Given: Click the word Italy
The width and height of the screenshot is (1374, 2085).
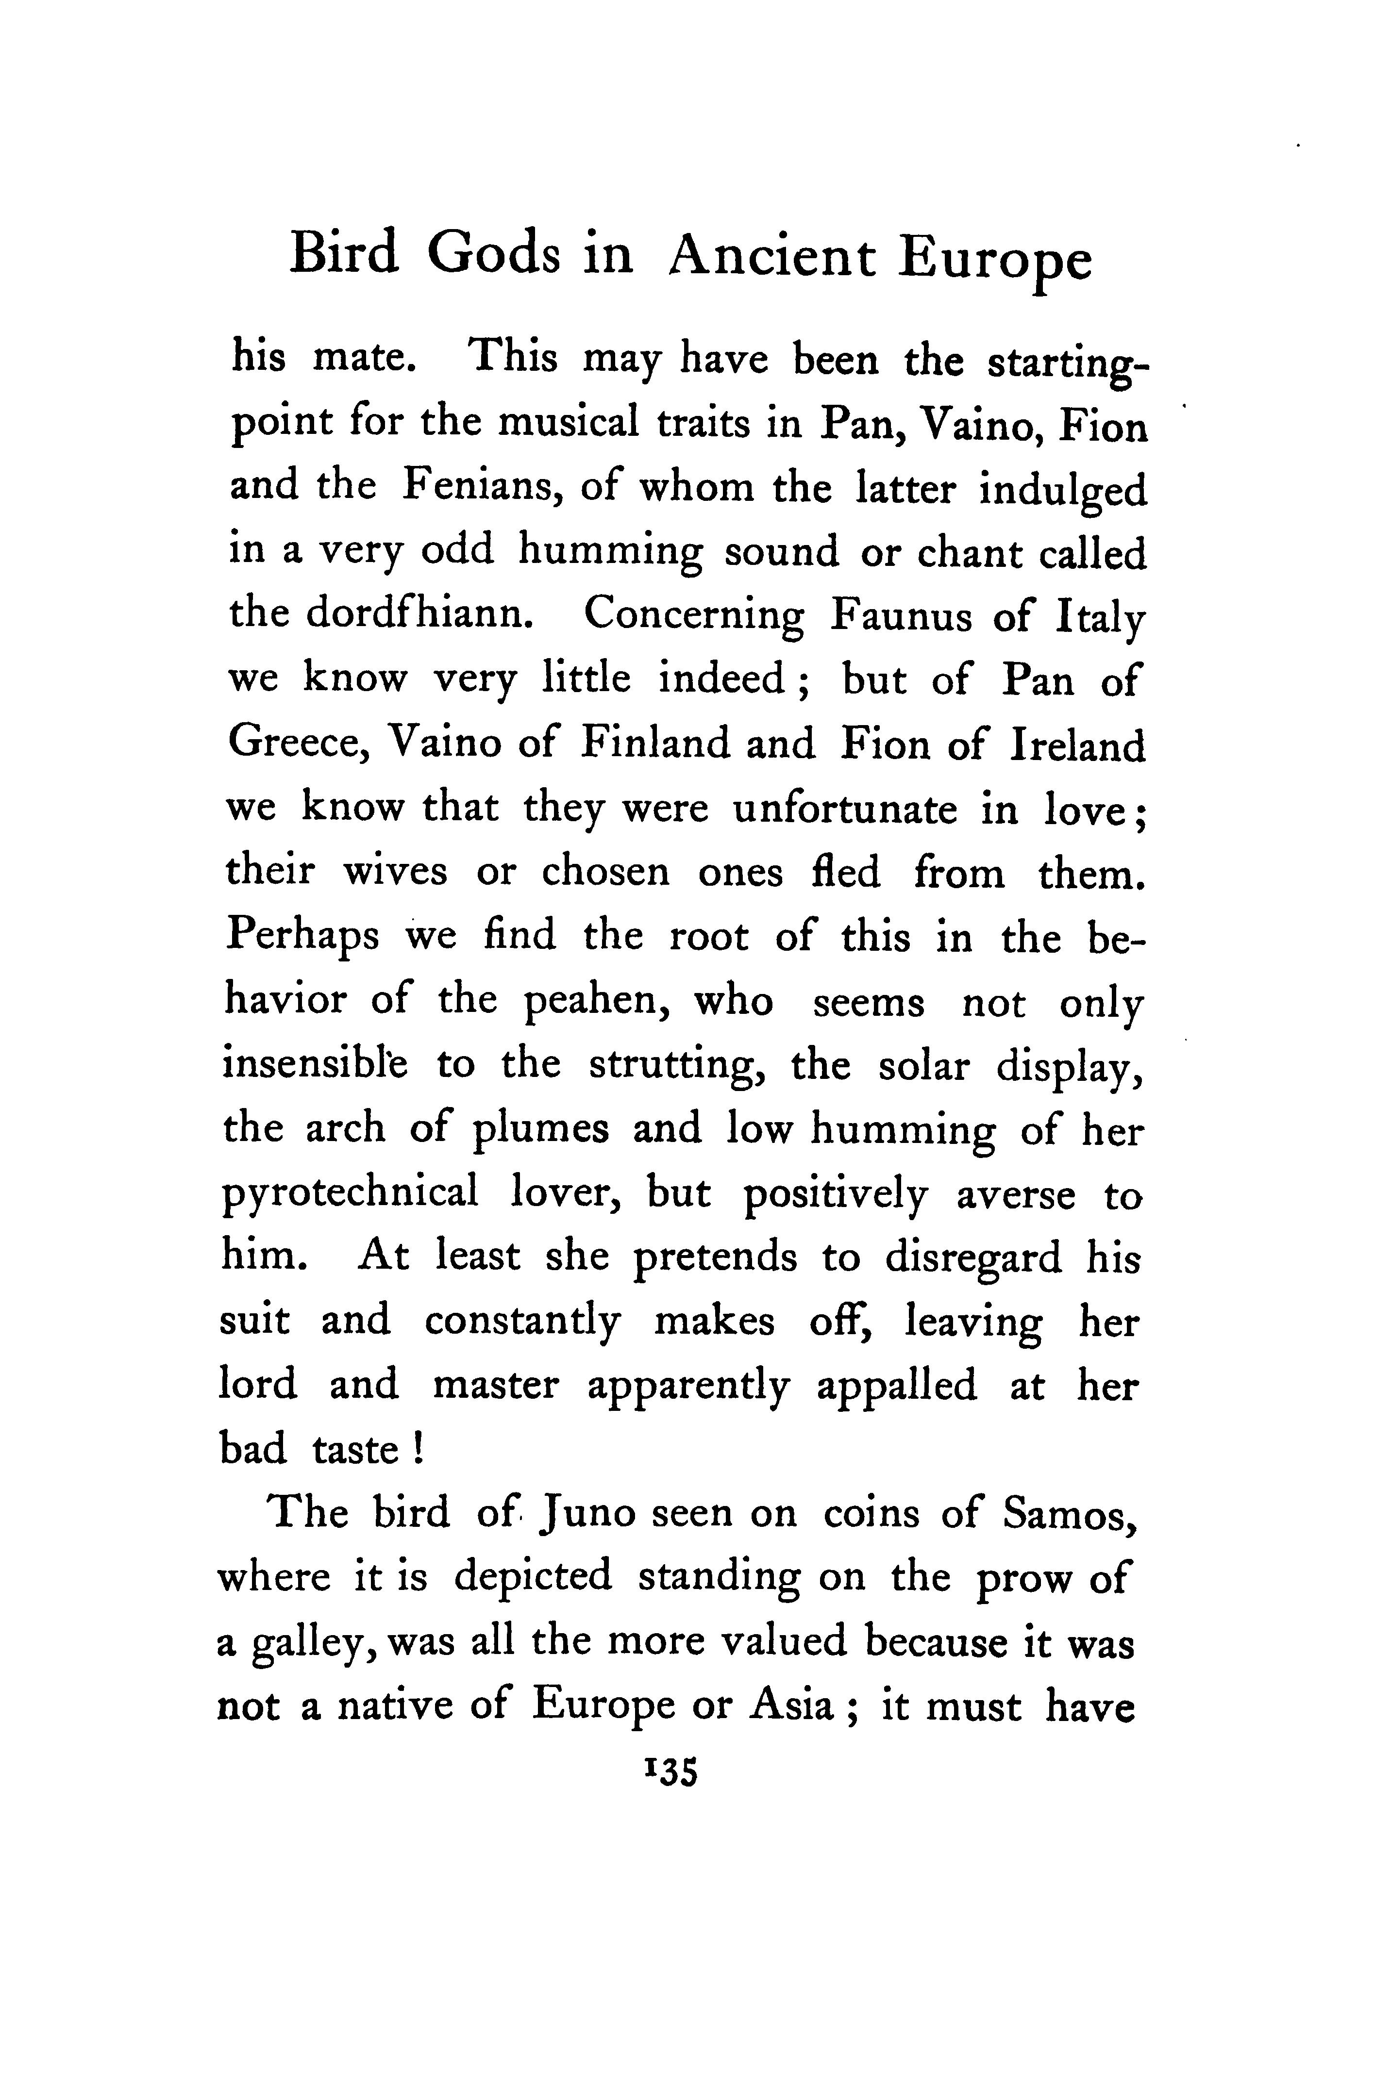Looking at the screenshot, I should [x=1100, y=618].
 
